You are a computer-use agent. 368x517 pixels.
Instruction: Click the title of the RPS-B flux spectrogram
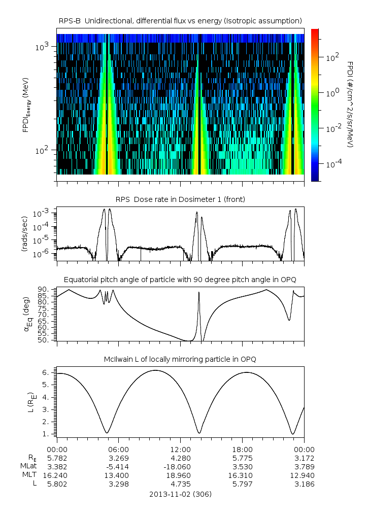tap(180, 20)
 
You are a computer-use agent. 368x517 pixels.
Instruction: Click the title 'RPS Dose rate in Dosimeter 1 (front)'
tap(180, 199)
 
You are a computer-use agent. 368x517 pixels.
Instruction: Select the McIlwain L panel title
tap(180, 359)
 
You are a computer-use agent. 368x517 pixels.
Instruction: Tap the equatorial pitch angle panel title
tap(180, 280)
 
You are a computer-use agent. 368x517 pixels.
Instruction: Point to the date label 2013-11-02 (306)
tap(180, 494)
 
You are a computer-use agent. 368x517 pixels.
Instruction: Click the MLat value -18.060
tap(180, 466)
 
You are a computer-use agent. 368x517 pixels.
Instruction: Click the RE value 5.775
tap(242, 458)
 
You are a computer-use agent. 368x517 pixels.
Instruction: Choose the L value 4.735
tap(180, 484)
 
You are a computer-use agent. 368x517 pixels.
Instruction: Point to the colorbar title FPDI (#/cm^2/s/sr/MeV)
tap(350, 105)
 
